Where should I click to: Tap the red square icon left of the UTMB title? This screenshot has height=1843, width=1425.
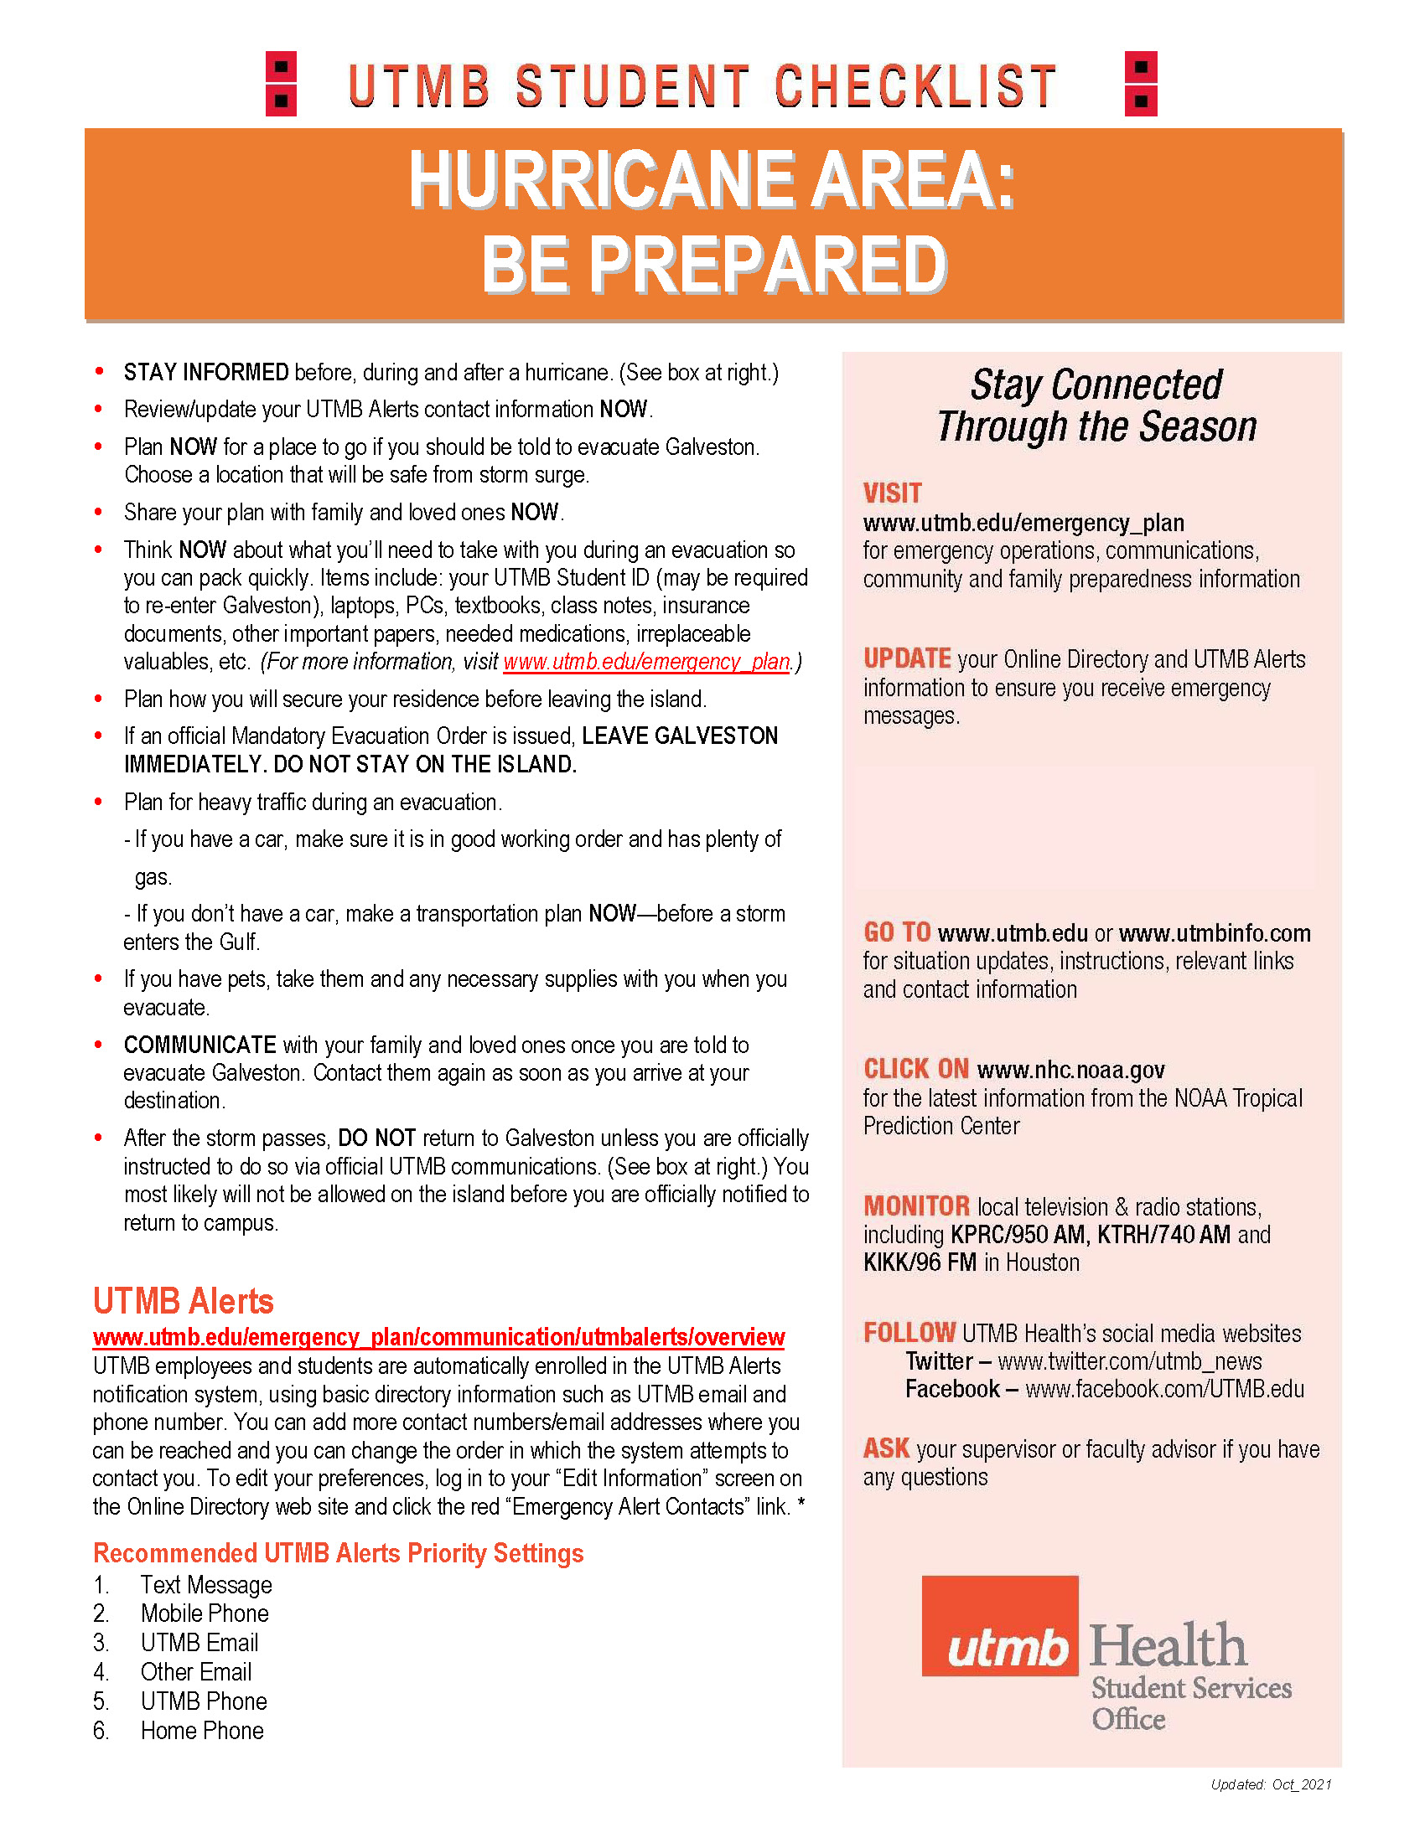point(281,84)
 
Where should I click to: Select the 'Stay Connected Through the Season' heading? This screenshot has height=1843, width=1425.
point(1096,406)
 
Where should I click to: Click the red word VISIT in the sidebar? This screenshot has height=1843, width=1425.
point(893,493)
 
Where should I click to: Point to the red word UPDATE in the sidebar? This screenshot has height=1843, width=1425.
point(907,658)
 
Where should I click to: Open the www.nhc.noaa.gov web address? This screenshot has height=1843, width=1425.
point(1070,1070)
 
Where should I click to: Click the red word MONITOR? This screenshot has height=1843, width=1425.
point(916,1205)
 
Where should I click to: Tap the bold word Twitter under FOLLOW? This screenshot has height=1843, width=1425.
point(939,1361)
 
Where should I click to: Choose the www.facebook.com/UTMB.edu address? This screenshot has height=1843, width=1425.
point(1164,1389)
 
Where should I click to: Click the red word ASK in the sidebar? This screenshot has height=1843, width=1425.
point(885,1449)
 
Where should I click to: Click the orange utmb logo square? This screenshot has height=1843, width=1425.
point(999,1625)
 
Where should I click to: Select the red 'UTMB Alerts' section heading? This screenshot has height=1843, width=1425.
point(184,1301)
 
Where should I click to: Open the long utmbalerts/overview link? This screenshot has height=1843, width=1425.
point(438,1338)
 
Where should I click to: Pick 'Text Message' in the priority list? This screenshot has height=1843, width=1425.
point(206,1585)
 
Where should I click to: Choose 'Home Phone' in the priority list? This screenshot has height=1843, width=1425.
point(202,1731)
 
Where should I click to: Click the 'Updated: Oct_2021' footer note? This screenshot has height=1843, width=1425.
point(1271,1784)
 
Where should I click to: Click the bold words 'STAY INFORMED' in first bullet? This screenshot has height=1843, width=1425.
point(206,372)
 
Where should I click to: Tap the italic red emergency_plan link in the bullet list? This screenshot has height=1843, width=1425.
point(646,662)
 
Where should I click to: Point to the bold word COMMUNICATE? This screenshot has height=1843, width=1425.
point(199,1045)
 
